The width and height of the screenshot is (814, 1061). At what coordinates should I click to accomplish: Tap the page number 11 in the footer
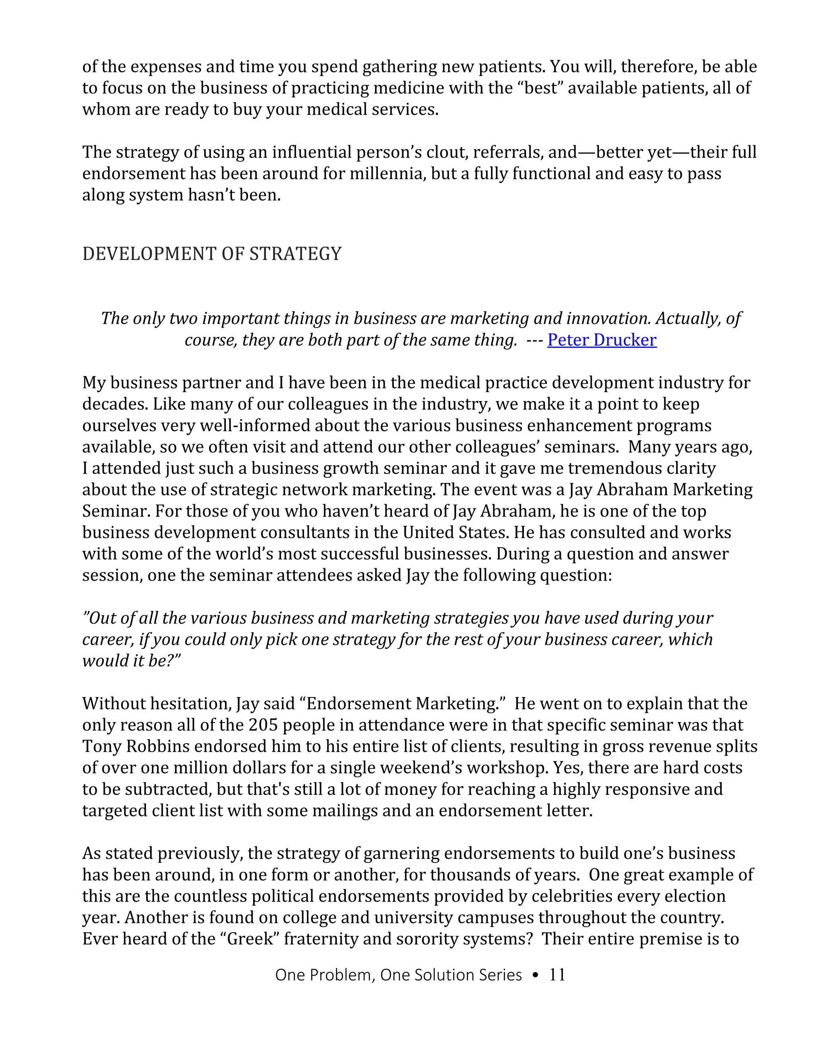557,975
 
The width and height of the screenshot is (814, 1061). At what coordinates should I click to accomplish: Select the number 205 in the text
264,725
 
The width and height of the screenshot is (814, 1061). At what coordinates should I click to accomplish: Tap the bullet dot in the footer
535,975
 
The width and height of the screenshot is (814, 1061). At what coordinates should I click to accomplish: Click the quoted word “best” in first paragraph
542,88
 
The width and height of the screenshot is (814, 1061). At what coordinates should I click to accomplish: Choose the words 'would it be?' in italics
131,661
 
